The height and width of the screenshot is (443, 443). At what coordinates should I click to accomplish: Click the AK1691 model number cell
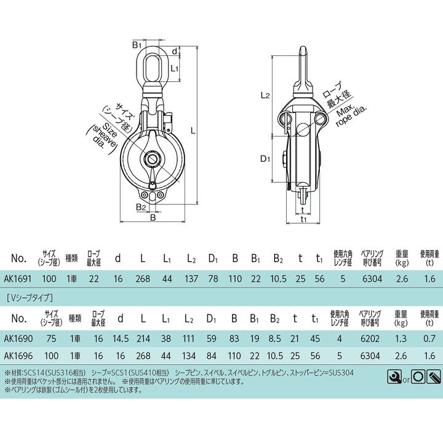pyautogui.click(x=17, y=279)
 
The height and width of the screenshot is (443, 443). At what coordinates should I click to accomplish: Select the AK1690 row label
pyautogui.click(x=18, y=338)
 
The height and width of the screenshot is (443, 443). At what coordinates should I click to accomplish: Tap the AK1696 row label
pyautogui.click(x=18, y=356)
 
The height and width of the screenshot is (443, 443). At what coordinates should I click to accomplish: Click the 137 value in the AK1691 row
pyautogui.click(x=191, y=279)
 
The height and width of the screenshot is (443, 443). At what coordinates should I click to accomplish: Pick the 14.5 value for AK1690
pyautogui.click(x=121, y=338)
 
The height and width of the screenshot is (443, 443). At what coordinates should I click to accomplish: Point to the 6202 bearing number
pyautogui.click(x=370, y=338)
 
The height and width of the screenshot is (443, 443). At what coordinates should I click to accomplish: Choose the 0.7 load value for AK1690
pyautogui.click(x=429, y=338)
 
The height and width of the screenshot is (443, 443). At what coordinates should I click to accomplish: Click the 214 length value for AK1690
pyautogui.click(x=143, y=338)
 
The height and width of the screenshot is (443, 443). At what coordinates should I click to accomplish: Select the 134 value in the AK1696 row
pyautogui.click(x=189, y=356)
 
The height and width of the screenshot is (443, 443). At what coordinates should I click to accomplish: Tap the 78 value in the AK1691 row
pyautogui.click(x=213, y=279)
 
